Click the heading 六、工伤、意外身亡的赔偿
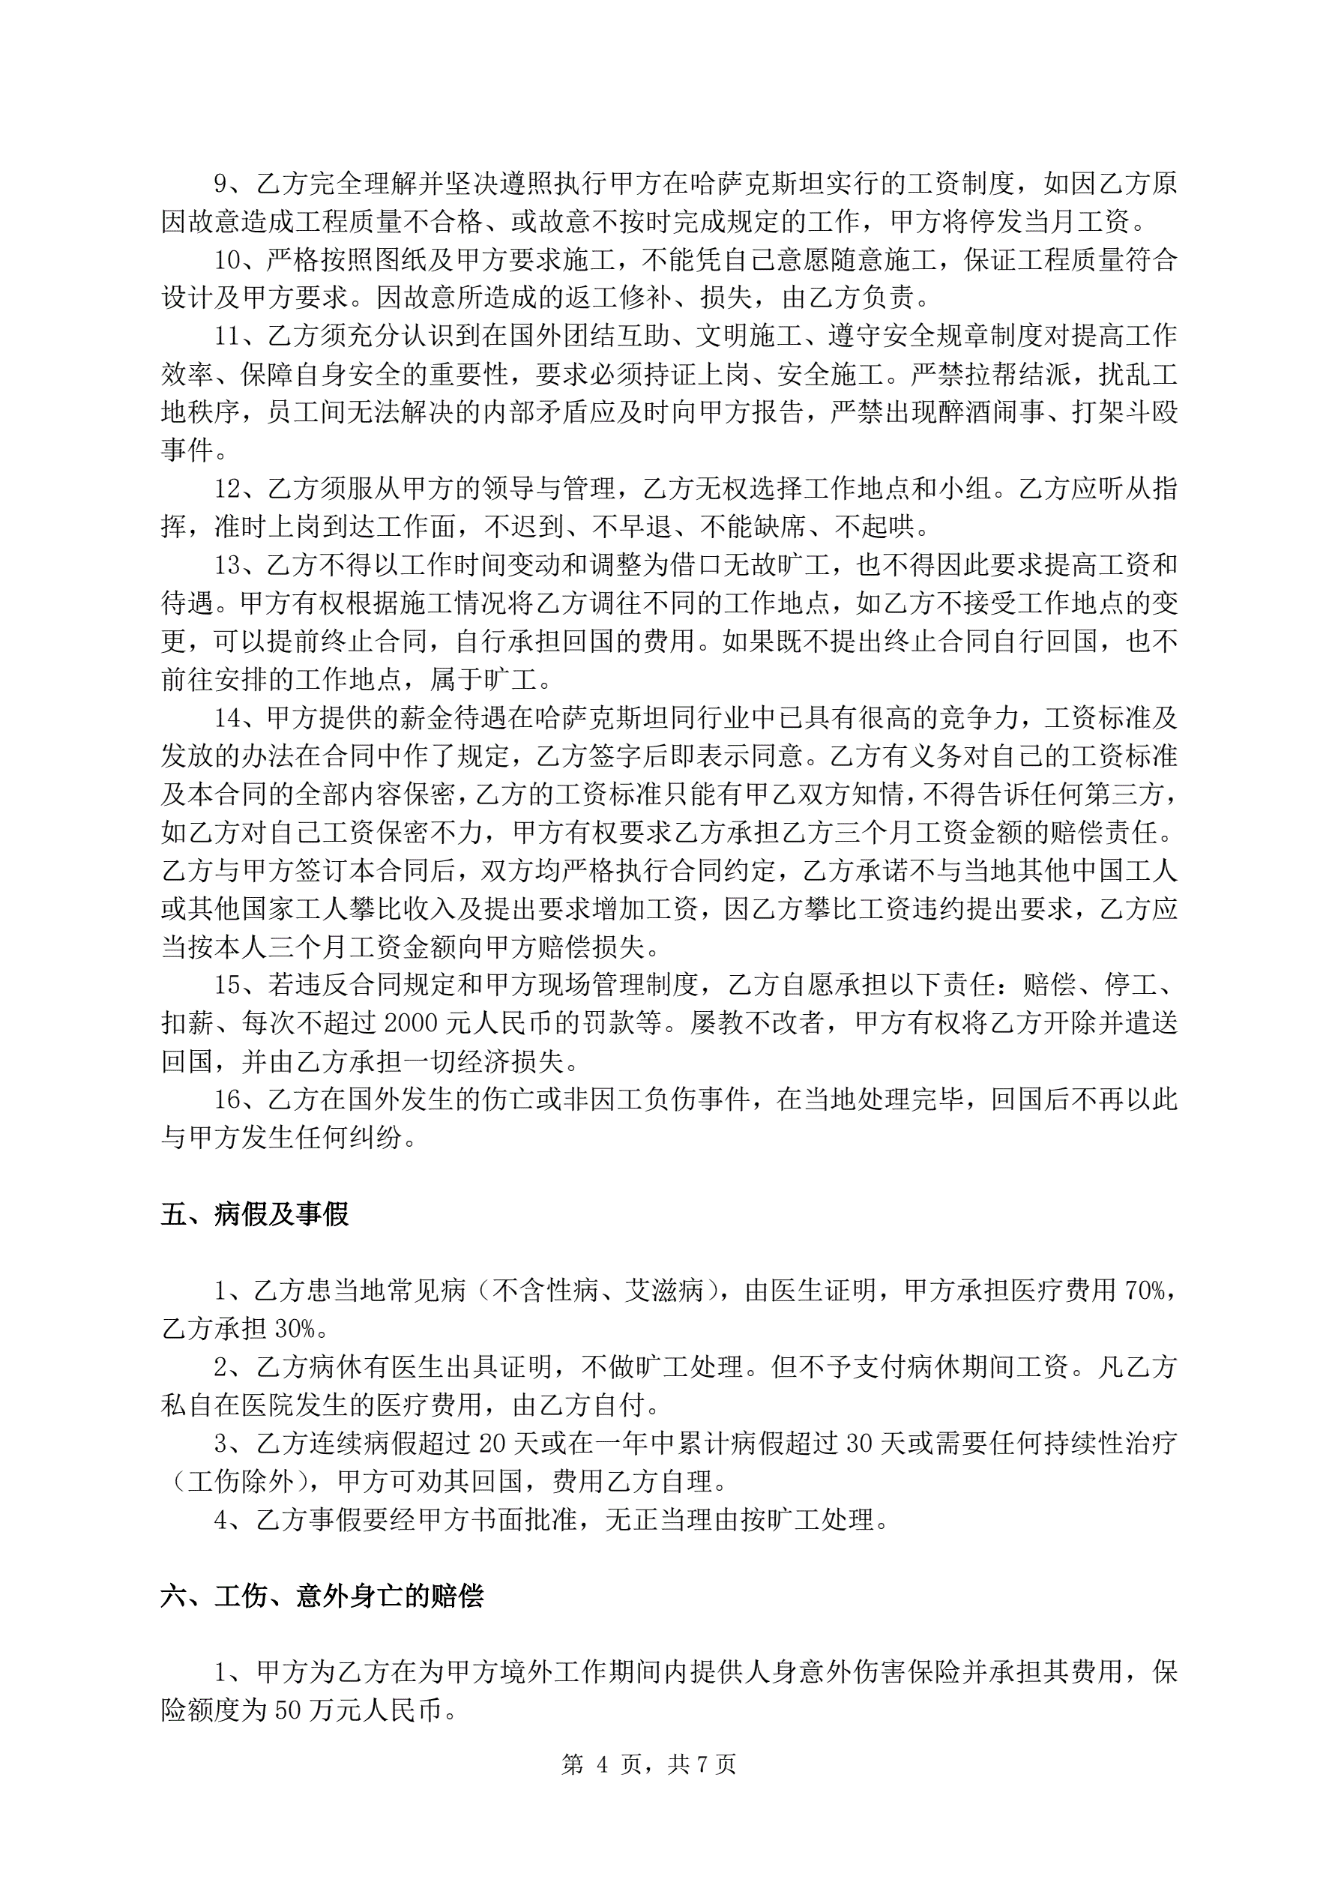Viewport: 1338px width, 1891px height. pyautogui.click(x=322, y=1596)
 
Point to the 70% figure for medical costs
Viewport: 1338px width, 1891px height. pyautogui.click(x=1145, y=1291)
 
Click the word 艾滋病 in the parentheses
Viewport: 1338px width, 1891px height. pyautogui.click(x=664, y=1291)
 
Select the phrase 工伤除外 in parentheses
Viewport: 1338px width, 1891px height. pyautogui.click(x=241, y=1482)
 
